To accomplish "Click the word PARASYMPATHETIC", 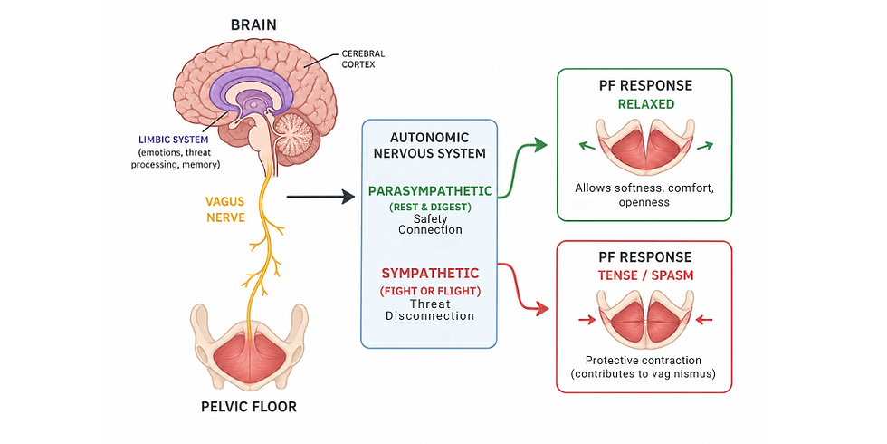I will point(430,191).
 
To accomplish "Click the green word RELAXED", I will point(645,103).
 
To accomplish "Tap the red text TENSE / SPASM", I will point(645,275).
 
